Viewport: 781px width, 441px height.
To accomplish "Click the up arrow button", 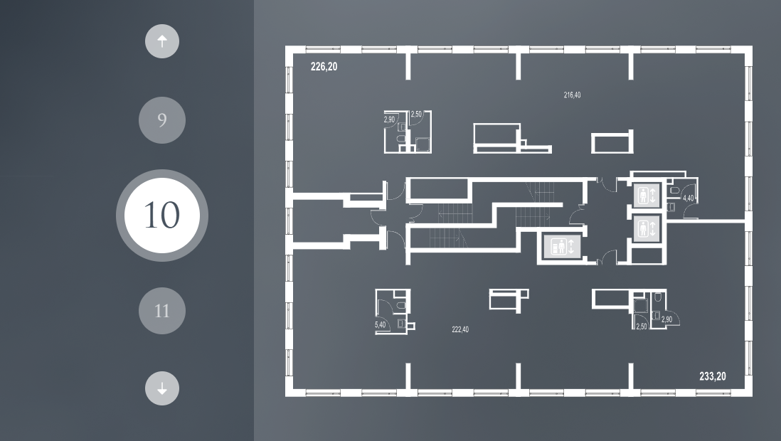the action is (162, 41).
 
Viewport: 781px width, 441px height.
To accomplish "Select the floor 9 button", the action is (162, 120).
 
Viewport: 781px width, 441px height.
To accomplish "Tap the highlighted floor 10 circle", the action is (162, 216).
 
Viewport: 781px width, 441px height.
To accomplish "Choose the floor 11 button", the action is (162, 311).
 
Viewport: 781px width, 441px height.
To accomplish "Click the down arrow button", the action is (162, 388).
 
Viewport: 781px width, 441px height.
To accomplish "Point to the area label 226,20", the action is (324, 67).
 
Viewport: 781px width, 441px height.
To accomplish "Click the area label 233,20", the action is (712, 377).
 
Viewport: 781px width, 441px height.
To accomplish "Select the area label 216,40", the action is (572, 95).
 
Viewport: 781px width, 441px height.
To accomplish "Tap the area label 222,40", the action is (459, 329).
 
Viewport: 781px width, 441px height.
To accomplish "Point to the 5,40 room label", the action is (380, 325).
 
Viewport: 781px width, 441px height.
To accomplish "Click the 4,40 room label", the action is (689, 198).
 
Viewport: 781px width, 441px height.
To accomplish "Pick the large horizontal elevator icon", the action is (562, 246).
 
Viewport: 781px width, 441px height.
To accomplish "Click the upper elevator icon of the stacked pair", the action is (647, 195).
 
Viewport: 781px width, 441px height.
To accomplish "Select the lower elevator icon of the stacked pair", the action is (647, 229).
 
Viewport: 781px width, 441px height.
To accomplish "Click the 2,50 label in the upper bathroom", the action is (416, 114).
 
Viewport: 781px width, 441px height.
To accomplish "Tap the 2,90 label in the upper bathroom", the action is (389, 119).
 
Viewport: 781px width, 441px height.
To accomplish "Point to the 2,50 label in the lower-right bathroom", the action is (642, 327).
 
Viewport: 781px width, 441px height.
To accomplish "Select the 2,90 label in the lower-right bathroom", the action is (666, 320).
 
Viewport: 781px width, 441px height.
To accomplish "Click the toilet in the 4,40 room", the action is (674, 191).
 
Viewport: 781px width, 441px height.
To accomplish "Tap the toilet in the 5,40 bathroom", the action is (400, 305).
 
